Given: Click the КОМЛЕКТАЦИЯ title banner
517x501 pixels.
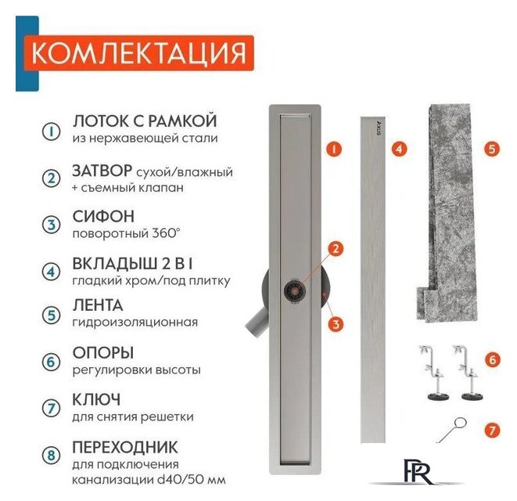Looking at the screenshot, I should (138, 54).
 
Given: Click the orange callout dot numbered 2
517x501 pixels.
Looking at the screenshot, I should (335, 250).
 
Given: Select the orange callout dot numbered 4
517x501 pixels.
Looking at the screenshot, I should (398, 147).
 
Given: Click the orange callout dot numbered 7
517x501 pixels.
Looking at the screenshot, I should (491, 430).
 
